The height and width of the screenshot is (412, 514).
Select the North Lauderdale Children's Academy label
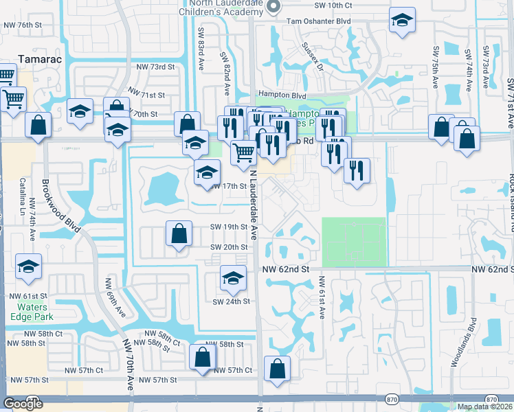(x=223, y=6)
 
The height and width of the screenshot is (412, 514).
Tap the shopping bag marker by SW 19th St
(x=179, y=233)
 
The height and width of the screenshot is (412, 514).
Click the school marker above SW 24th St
(x=233, y=277)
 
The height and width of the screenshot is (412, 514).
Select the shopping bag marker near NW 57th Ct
(x=202, y=357)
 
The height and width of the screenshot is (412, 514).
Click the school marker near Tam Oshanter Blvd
(x=401, y=21)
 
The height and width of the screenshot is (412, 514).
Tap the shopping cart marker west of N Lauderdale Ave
(x=243, y=152)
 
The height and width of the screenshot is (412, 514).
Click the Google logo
(x=23, y=404)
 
